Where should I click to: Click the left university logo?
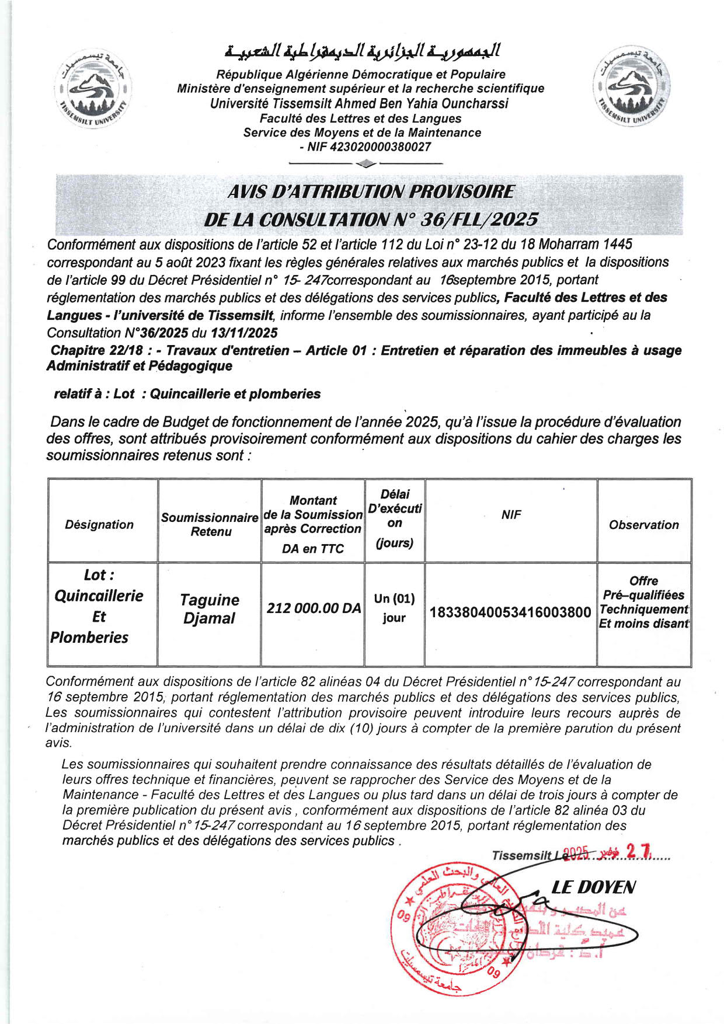(x=94, y=90)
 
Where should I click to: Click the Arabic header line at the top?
(x=362, y=51)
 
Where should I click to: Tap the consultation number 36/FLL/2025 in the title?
(x=478, y=220)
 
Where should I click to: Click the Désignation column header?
(x=99, y=524)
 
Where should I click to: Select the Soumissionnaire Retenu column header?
(x=210, y=524)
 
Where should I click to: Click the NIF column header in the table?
(x=511, y=514)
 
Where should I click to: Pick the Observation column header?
(x=643, y=525)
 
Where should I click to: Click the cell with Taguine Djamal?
(x=209, y=609)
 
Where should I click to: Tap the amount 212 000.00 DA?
(x=314, y=608)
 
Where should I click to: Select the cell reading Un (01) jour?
(x=394, y=608)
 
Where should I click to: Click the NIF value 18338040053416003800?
(x=510, y=612)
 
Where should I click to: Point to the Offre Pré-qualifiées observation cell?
(x=643, y=602)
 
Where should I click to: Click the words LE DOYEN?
(x=593, y=888)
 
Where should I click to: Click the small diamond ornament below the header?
(x=366, y=163)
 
